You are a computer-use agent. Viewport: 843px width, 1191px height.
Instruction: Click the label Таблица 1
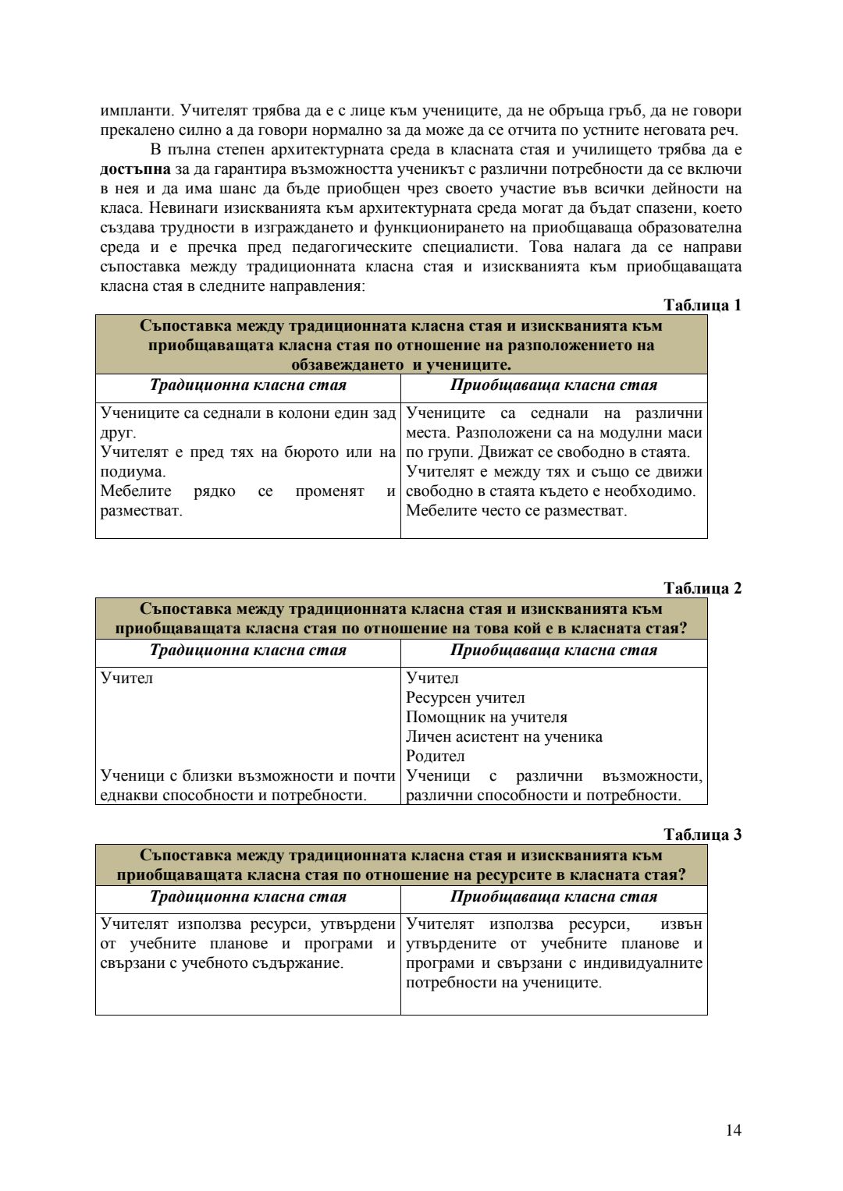702,305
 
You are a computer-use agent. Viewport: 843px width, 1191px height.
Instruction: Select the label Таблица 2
702,588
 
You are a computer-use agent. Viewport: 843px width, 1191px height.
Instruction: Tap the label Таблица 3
702,835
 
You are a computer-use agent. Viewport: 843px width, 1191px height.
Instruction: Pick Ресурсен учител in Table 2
465,697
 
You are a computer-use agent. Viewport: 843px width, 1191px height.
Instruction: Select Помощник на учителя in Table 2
486,717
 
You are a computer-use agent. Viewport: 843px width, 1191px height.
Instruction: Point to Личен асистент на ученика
503,736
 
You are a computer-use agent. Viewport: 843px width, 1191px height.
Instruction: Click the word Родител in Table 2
435,756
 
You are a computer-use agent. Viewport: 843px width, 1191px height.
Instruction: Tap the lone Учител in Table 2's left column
126,678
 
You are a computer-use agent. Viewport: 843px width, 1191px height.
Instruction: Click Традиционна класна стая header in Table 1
247,385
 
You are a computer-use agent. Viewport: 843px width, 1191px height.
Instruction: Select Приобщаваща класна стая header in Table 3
553,896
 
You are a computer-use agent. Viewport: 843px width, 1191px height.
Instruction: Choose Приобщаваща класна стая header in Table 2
553,650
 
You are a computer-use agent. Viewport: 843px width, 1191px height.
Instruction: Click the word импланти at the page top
133,111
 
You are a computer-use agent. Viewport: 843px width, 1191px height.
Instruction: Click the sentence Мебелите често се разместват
516,511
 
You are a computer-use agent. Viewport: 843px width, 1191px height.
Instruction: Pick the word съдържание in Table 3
302,963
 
